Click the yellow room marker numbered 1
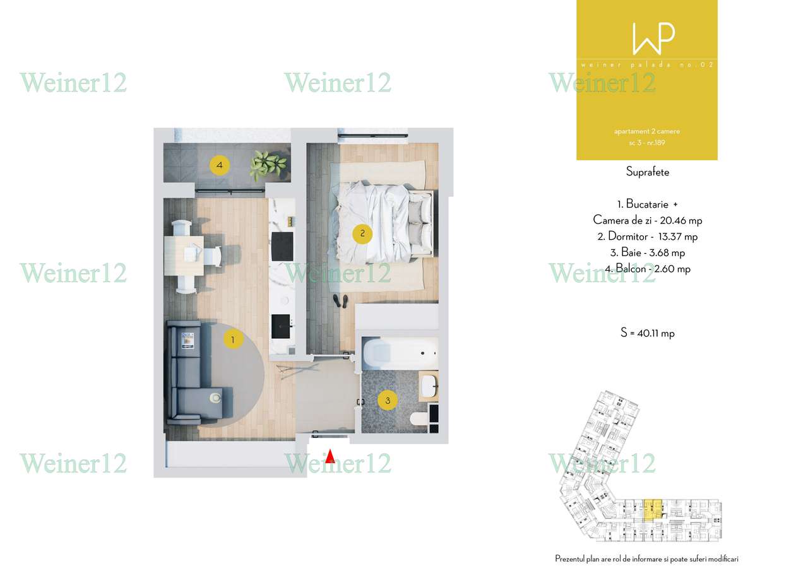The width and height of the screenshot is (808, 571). (x=233, y=340)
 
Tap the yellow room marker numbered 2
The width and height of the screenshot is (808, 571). (x=362, y=234)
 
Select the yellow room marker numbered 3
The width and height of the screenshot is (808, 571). (x=388, y=400)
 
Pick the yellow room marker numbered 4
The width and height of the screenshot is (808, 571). (x=219, y=166)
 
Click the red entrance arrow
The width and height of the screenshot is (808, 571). (x=329, y=456)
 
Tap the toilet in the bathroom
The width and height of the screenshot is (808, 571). (x=418, y=418)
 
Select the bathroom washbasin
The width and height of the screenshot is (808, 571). (x=429, y=385)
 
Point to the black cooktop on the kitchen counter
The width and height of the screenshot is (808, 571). (x=282, y=245)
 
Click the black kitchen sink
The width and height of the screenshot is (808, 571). (x=280, y=326)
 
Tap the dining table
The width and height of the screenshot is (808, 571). (x=184, y=256)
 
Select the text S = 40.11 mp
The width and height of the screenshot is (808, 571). (x=647, y=333)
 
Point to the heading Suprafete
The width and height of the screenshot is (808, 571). (x=647, y=172)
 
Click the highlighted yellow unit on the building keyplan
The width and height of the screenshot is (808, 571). (x=653, y=507)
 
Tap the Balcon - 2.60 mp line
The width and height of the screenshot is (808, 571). (x=648, y=269)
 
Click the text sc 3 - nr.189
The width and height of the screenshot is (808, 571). (x=647, y=143)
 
